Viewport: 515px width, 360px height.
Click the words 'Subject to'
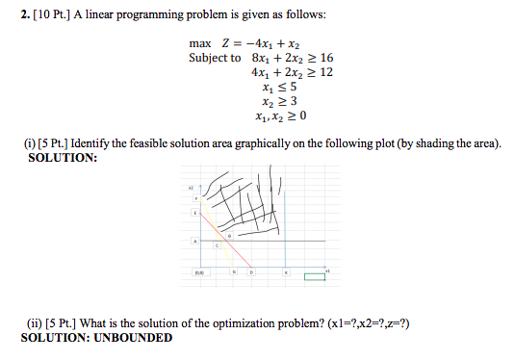[x=215, y=58]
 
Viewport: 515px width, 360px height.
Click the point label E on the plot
[x=194, y=212]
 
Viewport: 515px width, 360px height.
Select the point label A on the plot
[x=195, y=241]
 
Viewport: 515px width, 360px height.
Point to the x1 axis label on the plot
[x=327, y=270]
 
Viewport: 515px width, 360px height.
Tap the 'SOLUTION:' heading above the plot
[x=60, y=157]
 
